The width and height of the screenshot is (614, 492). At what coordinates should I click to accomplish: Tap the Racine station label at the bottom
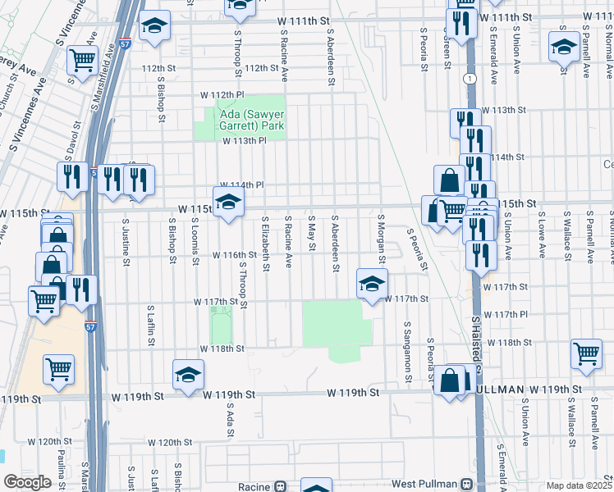coord(255,486)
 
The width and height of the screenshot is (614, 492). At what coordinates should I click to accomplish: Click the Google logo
coord(27,482)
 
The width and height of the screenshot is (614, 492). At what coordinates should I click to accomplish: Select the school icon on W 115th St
coord(228,202)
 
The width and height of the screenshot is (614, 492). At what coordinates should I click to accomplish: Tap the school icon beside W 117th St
coord(372,284)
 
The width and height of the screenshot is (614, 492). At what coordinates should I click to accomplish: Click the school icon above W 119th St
coord(188,374)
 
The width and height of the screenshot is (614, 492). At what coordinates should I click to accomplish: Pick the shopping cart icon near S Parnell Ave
coord(586,353)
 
